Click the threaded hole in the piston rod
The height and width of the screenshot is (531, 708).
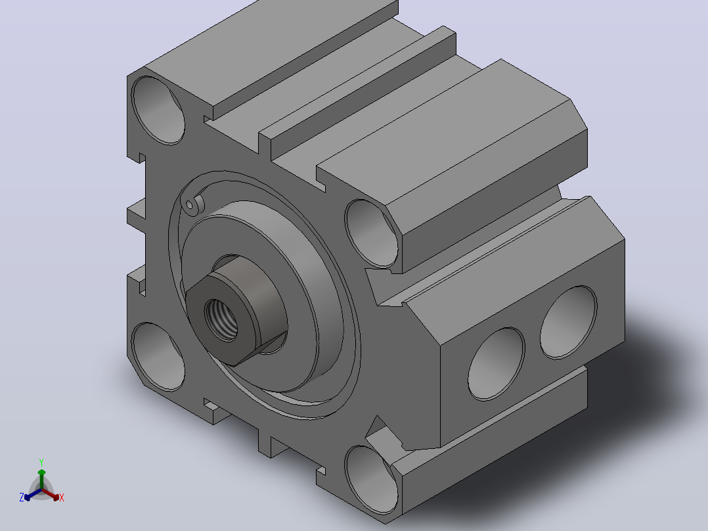point(221,320)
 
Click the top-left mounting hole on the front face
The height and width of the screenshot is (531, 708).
point(158,110)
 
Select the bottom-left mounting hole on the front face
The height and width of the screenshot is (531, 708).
point(158,357)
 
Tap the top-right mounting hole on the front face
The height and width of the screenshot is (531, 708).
point(372,233)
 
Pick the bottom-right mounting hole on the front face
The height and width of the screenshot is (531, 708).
point(372,480)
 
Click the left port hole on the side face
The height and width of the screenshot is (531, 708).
point(497,364)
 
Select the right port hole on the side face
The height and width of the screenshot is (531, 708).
point(569,322)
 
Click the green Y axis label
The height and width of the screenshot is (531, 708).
point(41,463)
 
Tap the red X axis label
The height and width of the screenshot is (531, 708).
point(62,497)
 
